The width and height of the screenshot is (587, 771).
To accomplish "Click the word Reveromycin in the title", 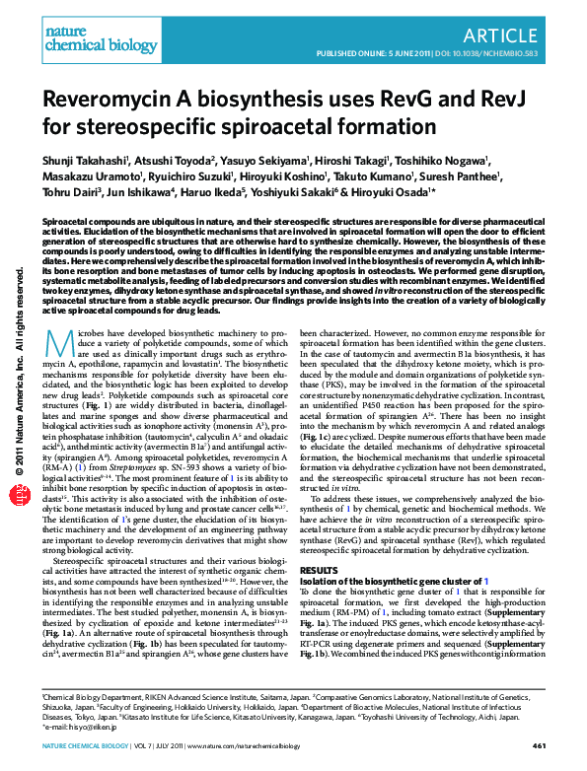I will [104, 101].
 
